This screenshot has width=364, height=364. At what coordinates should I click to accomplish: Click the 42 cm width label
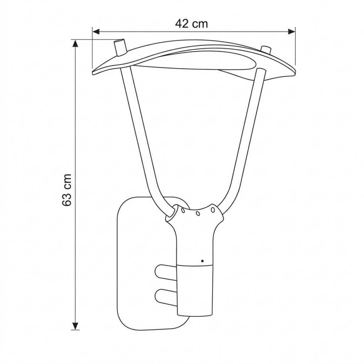tap(192, 24)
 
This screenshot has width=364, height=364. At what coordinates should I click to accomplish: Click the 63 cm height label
tap(66, 190)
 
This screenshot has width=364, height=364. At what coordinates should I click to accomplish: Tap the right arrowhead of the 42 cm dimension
tap(292, 31)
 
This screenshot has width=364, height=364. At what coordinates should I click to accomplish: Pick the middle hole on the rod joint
tap(197, 213)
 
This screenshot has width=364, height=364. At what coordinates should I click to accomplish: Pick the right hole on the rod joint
tap(213, 209)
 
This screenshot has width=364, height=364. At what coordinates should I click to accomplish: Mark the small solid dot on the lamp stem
tap(202, 260)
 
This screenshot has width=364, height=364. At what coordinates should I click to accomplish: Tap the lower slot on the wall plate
tap(165, 295)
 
